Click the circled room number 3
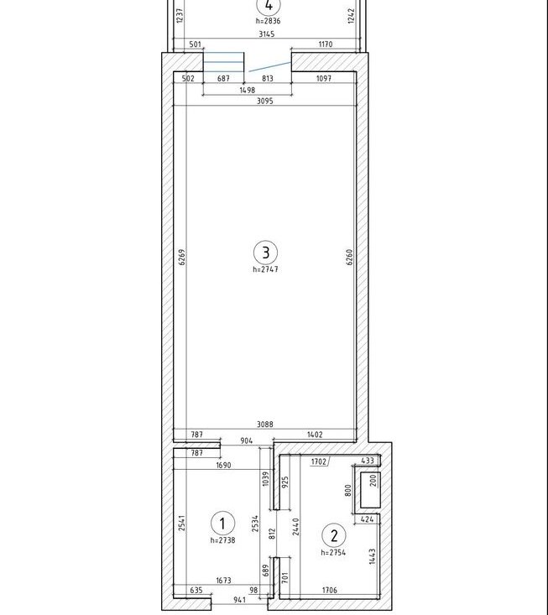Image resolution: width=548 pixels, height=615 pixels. (265, 253)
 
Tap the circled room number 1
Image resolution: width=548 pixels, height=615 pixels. (222, 524)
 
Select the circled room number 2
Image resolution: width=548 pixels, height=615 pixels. (334, 535)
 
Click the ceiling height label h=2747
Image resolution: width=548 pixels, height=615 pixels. (265, 269)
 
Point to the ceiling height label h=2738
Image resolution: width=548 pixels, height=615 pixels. (222, 540)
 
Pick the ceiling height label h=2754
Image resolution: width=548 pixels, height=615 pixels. (333, 553)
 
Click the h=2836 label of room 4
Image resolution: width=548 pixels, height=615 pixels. (269, 21)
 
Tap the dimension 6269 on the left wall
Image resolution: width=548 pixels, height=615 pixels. (181, 258)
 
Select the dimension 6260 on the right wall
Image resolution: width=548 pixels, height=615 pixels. (349, 258)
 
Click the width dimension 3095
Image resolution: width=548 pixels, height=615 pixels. (265, 102)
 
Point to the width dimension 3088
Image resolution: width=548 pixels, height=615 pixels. (265, 425)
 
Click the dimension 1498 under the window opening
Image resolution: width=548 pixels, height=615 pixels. (247, 91)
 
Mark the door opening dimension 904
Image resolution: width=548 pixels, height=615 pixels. (247, 440)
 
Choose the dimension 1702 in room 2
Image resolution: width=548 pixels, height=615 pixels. (319, 461)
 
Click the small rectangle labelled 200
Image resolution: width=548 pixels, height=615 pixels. (370, 490)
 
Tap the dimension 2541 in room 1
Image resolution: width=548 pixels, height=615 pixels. (181, 524)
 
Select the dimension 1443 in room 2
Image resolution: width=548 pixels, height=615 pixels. (373, 556)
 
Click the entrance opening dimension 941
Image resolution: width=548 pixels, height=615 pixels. (240, 600)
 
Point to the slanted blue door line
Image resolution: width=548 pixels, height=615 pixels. (270, 66)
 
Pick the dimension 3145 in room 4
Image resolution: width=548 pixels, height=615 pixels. (267, 34)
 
